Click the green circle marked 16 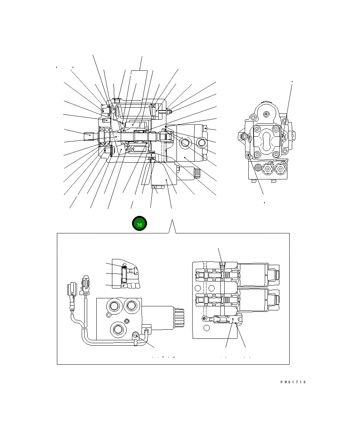click(139, 224)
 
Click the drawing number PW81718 click(293, 382)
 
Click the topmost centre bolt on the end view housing click(266, 115)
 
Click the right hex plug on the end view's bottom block click(280, 168)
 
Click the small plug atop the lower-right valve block click(222, 264)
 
